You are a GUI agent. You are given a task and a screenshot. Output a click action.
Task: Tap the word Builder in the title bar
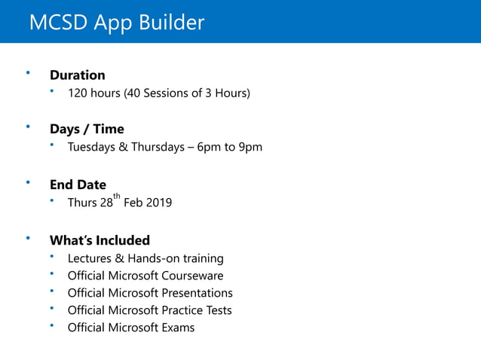[171, 23]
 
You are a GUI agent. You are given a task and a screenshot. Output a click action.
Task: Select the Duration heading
[77, 75]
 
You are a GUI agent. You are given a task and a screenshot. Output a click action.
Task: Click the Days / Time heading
[87, 129]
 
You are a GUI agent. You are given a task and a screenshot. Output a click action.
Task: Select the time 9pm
[250, 147]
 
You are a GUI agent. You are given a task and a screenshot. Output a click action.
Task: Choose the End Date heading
[78, 185]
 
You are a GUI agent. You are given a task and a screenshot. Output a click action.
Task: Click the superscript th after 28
[116, 197]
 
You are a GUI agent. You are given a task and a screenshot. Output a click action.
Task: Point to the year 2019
[158, 203]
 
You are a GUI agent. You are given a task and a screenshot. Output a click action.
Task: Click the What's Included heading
[100, 240]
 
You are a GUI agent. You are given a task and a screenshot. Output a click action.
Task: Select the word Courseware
[192, 276]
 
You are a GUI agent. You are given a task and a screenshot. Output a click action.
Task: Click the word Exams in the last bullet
[178, 328]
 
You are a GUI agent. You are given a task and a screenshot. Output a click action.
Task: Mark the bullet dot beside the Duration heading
[29, 72]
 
